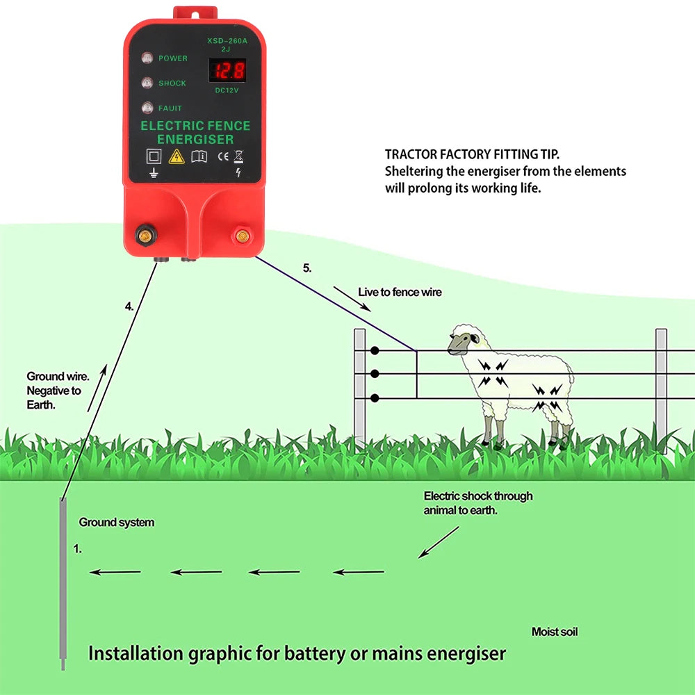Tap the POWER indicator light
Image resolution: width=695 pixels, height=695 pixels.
[x=147, y=58]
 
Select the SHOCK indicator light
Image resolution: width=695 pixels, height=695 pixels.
[x=147, y=83]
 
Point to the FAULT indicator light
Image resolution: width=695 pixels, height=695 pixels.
[x=147, y=108]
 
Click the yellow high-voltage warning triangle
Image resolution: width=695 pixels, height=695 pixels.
[x=177, y=156]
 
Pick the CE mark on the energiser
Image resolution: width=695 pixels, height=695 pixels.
[x=223, y=156]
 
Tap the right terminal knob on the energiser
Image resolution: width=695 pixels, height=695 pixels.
[x=243, y=236]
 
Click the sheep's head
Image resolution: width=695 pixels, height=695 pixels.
[x=462, y=341]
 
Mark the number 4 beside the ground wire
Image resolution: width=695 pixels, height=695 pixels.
[x=129, y=306]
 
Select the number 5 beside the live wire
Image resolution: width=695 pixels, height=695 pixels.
[x=307, y=268]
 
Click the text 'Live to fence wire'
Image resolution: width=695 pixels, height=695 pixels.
[x=400, y=292]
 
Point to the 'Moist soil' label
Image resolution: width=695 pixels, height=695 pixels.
[x=554, y=632]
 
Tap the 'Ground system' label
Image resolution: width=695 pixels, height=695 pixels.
[x=116, y=522]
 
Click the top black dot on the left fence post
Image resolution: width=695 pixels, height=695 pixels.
[x=375, y=350]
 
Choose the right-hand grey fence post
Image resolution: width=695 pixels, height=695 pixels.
[x=661, y=389]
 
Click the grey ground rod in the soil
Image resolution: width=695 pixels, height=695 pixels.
[x=63, y=584]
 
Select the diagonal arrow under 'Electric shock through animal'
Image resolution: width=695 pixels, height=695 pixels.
[x=439, y=542]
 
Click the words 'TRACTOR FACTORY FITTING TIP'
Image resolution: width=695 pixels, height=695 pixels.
[x=472, y=154]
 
